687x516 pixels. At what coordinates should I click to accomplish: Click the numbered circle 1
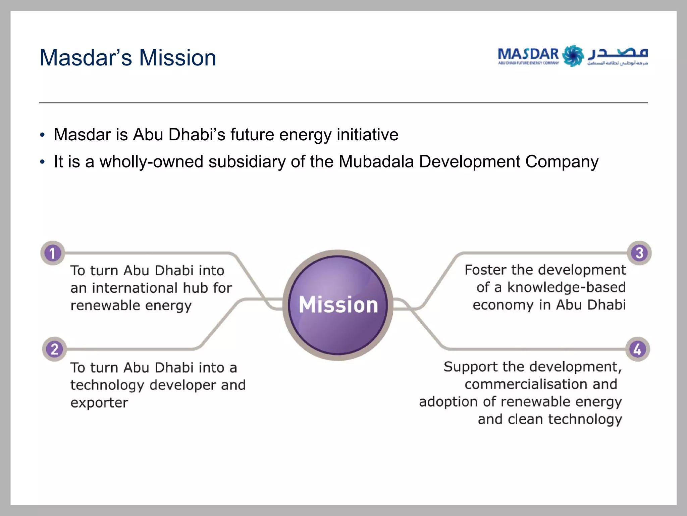point(53,253)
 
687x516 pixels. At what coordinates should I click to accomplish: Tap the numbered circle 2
point(54,349)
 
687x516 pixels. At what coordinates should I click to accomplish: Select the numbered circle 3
point(639,253)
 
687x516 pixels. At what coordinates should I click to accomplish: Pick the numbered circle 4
point(638,349)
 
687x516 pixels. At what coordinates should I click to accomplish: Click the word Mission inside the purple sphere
point(338,305)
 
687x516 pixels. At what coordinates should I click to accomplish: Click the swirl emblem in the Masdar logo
point(573,56)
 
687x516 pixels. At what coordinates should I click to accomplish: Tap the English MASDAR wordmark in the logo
point(528,54)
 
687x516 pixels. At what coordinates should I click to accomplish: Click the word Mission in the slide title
point(177,58)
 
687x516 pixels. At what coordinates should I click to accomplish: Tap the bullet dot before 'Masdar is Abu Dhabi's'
point(42,135)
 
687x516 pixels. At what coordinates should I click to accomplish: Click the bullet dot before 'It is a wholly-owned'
point(42,162)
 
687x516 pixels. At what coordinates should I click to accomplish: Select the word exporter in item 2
point(99,403)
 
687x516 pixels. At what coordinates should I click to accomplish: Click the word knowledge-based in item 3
point(566,287)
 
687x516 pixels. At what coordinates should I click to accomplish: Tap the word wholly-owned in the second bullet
point(151,162)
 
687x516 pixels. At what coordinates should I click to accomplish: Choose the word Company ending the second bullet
point(562,162)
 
